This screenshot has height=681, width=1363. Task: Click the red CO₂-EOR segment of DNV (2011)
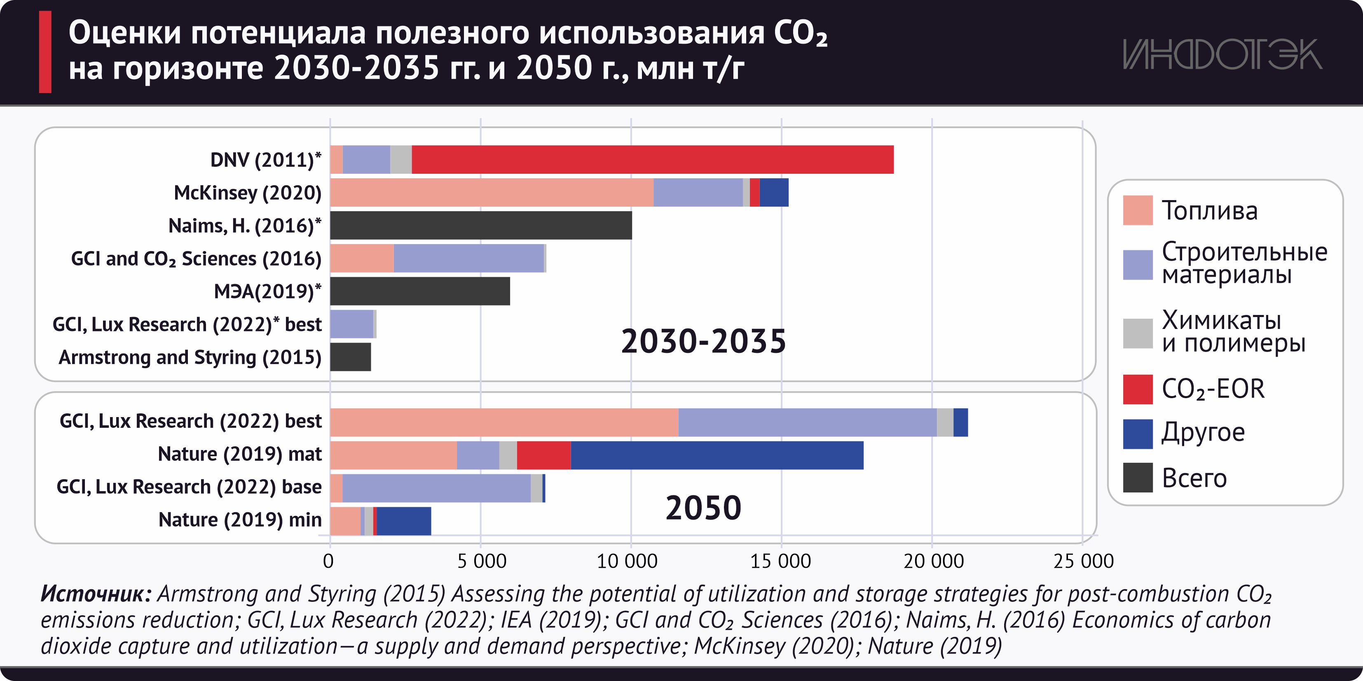[652, 160]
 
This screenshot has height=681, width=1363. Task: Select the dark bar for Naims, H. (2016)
[481, 225]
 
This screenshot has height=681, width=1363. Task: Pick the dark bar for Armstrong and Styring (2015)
[350, 357]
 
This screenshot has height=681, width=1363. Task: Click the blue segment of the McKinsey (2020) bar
[773, 192]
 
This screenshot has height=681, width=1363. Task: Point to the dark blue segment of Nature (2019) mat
[717, 455]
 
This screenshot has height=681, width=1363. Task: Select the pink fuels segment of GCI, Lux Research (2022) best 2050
[504, 422]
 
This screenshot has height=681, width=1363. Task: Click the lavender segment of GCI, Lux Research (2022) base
[436, 488]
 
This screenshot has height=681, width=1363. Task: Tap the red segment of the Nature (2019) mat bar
[543, 455]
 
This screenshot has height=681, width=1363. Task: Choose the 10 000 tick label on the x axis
[627, 561]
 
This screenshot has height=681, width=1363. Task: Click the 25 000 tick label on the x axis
[1084, 561]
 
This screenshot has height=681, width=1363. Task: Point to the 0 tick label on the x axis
[328, 561]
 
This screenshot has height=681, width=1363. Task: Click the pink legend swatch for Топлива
[1138, 210]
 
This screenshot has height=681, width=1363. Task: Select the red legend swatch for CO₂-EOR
[1138, 389]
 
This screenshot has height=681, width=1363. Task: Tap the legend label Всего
[1194, 478]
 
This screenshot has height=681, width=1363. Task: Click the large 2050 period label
[703, 508]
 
